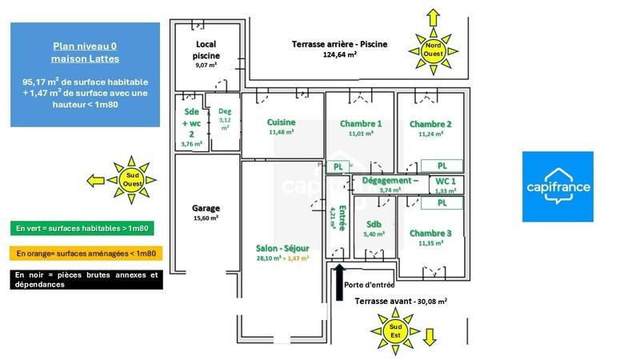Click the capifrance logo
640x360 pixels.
point(558,186)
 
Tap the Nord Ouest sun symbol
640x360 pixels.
point(433,50)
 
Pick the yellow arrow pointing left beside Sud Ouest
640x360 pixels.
point(96,181)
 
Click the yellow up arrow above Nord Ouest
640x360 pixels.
point(433,18)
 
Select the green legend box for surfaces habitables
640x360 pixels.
point(82,228)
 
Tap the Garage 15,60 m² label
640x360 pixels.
point(206,213)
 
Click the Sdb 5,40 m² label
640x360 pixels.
point(374,229)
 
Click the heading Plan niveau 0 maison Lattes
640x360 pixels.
point(85,53)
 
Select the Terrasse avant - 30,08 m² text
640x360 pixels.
point(401,301)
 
